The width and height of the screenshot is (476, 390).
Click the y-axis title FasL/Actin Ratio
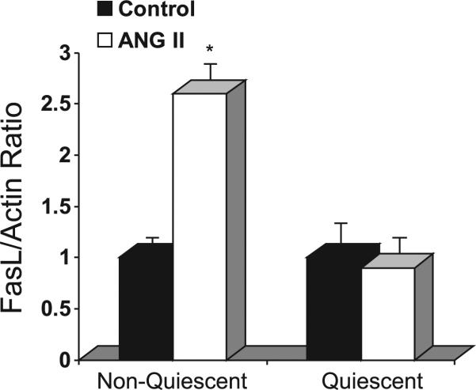pyautogui.click(x=25, y=206)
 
